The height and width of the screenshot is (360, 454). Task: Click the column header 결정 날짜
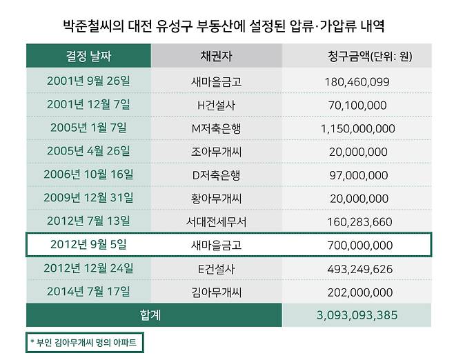tap(88, 56)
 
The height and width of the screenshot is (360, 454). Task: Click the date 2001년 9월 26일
tap(88, 81)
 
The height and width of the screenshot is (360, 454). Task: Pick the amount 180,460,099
tap(357, 81)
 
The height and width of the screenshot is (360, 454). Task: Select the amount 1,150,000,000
tap(357, 128)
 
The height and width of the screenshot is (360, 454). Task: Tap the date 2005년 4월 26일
tap(88, 151)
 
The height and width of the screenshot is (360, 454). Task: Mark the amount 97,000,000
tap(357, 175)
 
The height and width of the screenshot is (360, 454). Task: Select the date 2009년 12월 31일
tap(88, 198)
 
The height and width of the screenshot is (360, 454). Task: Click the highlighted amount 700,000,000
tap(357, 245)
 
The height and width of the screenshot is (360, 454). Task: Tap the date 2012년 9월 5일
tap(88, 245)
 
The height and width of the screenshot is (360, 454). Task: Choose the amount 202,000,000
tap(357, 292)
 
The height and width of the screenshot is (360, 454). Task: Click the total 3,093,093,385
tap(357, 315)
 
